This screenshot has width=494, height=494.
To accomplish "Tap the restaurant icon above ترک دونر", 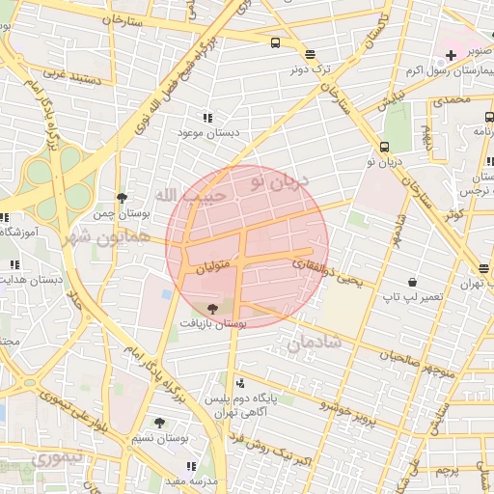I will pos(309,55).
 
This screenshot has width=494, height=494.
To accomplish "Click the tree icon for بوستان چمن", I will pos(121,198).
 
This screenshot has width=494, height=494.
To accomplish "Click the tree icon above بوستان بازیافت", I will pos(212,309).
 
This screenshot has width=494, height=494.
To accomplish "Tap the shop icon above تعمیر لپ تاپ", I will pos(413,282).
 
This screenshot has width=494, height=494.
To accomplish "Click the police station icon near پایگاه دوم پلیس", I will pos(240,383).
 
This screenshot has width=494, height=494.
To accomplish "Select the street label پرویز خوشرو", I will pos(333,408).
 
